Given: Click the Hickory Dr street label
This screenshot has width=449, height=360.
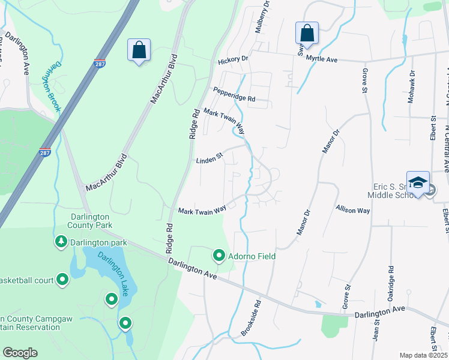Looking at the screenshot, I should pos(233,61).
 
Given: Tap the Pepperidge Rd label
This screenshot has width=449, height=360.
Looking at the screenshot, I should pos(234,94).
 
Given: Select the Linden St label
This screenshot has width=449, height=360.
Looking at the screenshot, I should pos(209,160).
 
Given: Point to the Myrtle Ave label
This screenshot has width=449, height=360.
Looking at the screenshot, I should pos(322,59).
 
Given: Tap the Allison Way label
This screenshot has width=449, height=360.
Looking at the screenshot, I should pos(353,210).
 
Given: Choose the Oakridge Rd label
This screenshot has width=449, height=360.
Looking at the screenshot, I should pos(391,282).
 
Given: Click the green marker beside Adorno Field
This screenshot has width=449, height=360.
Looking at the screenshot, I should pos(219,256).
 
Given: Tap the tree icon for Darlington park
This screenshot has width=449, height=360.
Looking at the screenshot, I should pos(61,242).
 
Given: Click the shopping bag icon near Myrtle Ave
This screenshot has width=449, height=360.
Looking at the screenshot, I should pos(307,34).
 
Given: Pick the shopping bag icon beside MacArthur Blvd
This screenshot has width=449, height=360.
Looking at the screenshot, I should pos(139,50).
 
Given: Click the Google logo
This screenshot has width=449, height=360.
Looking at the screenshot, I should pos(20,353).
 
